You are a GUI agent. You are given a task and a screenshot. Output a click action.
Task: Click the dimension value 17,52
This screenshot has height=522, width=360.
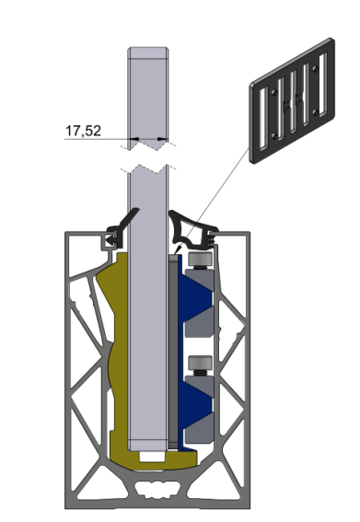[x=82, y=131]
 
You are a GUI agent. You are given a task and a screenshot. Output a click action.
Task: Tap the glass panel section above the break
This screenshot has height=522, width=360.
[x=148, y=92]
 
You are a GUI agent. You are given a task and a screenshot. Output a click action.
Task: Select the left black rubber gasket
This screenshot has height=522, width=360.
[x=121, y=228]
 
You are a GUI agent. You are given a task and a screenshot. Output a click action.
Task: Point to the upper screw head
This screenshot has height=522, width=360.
[x=199, y=263]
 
